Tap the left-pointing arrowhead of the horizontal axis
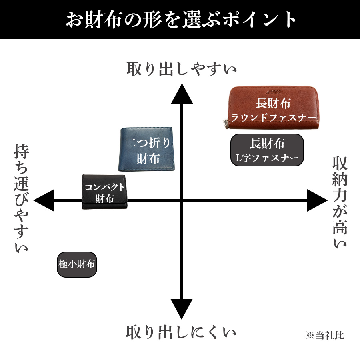pyautogui.click(x=44, y=200)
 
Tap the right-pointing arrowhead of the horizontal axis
pyautogui.click(x=317, y=200)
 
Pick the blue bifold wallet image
pyautogui.click(x=146, y=149)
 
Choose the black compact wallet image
pyautogui.click(x=104, y=192)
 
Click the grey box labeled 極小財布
pyautogui.click(x=77, y=264)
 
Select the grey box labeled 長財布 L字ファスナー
pyautogui.click(x=267, y=150)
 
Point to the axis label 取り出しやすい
pyautogui.click(x=181, y=69)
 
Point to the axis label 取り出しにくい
pyautogui.click(x=181, y=332)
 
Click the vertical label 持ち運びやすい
pyautogui.click(x=21, y=198)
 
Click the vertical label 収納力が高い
pyautogui.click(x=340, y=202)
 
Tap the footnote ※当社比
pyautogui.click(x=325, y=336)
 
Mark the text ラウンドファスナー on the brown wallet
pyautogui.click(x=273, y=118)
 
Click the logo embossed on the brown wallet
pyautogui.click(x=274, y=92)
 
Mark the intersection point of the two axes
pyautogui.click(x=182, y=200)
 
